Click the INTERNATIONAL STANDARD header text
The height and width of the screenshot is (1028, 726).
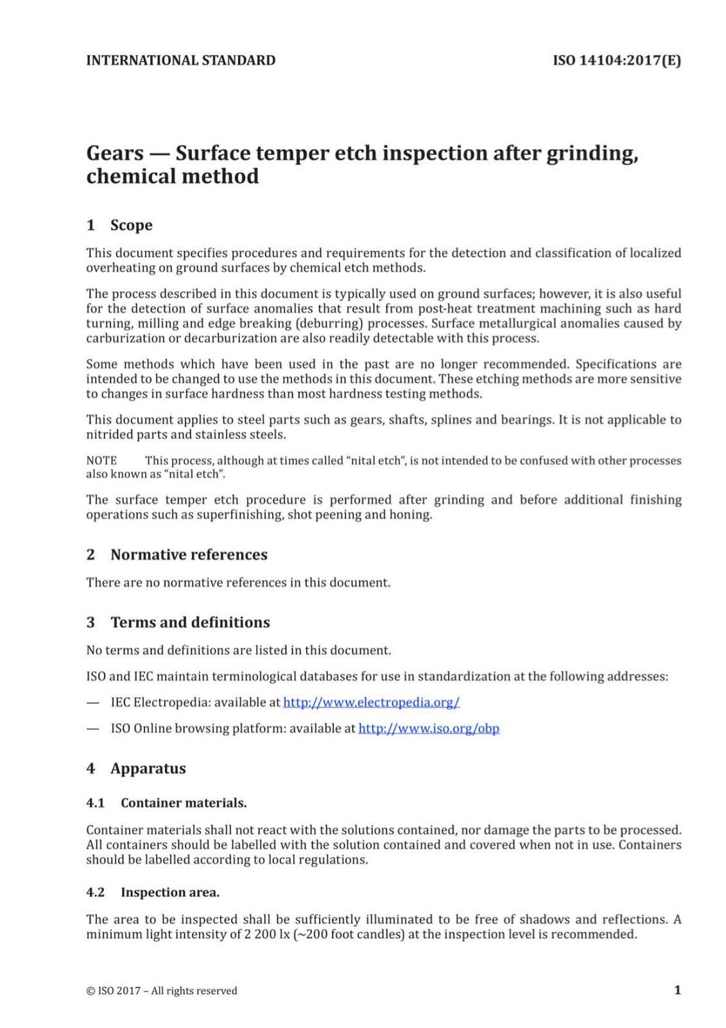click(x=180, y=60)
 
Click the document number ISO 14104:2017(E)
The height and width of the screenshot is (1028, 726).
click(x=616, y=60)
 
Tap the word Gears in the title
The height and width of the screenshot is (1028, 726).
click(x=115, y=153)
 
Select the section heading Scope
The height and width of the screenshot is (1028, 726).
click(x=131, y=225)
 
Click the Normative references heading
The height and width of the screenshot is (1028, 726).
click(x=189, y=554)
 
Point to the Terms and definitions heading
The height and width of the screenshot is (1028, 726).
click(x=190, y=622)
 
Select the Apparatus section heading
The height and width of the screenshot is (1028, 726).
click(x=148, y=768)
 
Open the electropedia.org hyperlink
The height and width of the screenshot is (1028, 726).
click(x=371, y=702)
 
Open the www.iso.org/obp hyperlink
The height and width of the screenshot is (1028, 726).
click(x=428, y=728)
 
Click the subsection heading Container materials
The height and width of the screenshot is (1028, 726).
click(x=184, y=802)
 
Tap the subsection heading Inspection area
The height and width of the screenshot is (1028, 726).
click(x=170, y=892)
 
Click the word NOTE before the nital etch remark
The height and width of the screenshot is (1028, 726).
click(x=101, y=461)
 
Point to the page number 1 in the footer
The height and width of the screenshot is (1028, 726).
click(x=677, y=990)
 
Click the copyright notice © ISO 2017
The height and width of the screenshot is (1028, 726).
click(x=162, y=991)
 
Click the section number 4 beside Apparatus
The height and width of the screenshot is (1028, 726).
click(x=91, y=768)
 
